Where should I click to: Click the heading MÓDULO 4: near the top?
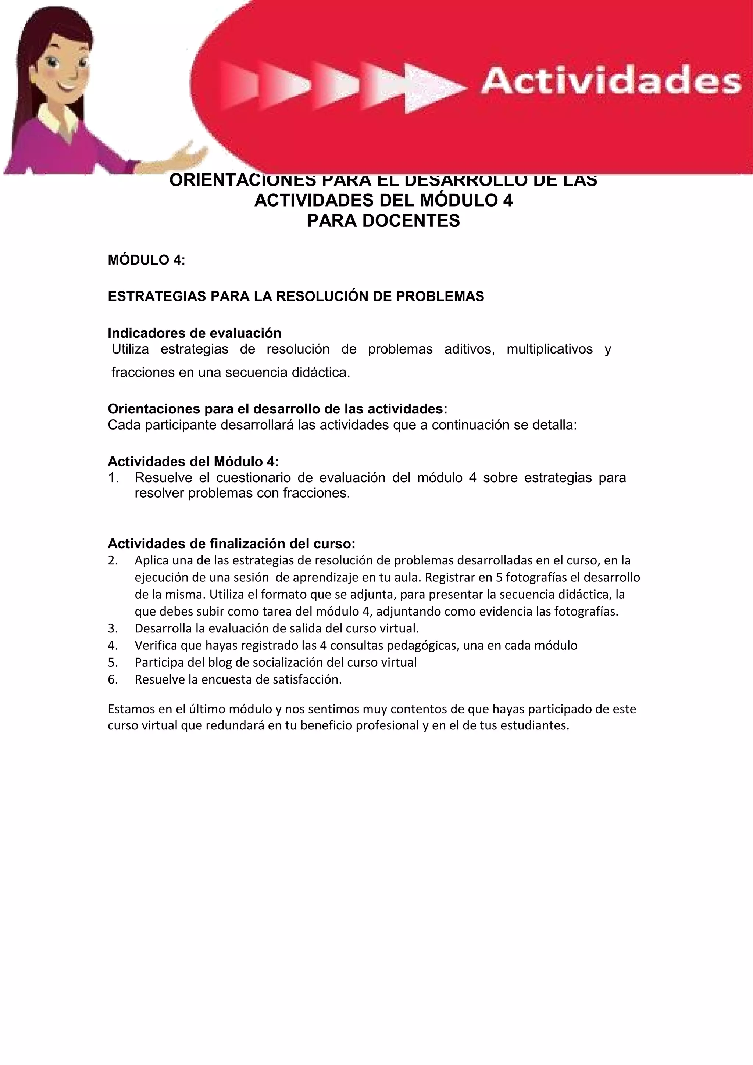[146, 260]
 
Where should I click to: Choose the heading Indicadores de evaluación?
[195, 333]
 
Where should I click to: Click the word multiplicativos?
[549, 349]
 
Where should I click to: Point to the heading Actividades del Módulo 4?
[193, 462]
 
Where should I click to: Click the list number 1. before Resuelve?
[114, 477]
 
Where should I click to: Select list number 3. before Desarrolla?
[113, 628]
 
